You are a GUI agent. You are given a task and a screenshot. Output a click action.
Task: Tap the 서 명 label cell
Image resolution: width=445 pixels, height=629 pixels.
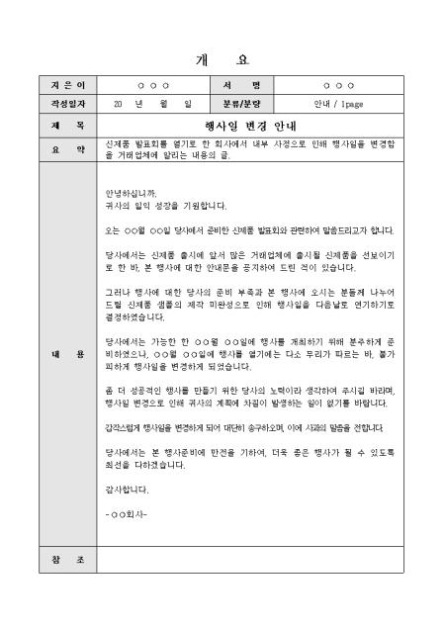pyautogui.click(x=241, y=86)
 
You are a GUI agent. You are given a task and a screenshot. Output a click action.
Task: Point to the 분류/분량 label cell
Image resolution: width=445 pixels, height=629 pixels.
pyautogui.click(x=241, y=103)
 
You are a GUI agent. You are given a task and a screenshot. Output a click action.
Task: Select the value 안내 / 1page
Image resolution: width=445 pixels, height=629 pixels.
pyautogui.click(x=336, y=103)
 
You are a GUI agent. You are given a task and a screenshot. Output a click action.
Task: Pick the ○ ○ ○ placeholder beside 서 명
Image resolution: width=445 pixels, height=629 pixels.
pyautogui.click(x=336, y=86)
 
